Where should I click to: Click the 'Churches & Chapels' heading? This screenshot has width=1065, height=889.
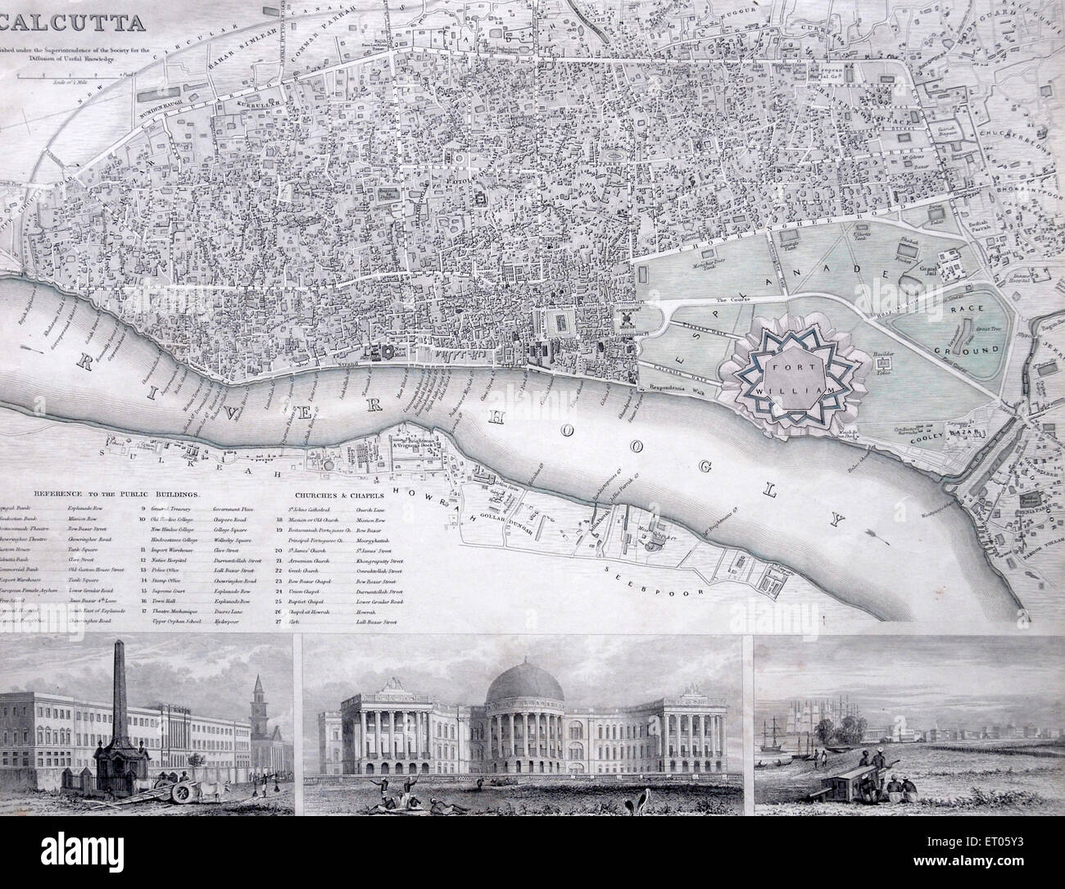[333, 496]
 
